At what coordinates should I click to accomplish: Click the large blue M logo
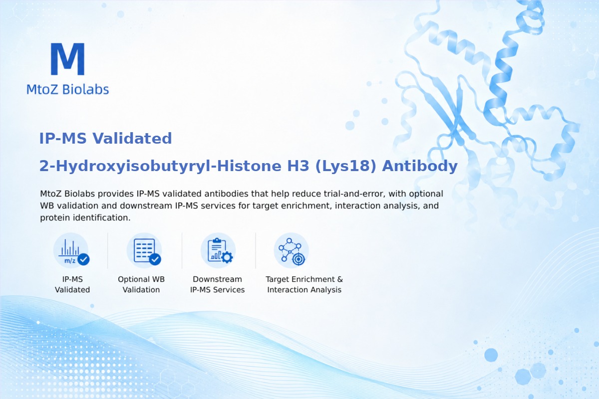coord(68,59)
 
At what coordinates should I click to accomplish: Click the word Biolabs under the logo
coord(85,89)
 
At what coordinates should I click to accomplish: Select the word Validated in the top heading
coord(132,138)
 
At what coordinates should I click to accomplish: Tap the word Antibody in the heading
coord(420,166)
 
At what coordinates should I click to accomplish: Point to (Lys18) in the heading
coord(346,166)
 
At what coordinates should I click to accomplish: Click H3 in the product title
coord(298,166)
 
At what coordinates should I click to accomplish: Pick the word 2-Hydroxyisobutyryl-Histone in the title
coord(160,166)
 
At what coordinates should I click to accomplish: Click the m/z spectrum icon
coord(71,250)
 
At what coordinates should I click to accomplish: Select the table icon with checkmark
coord(144,250)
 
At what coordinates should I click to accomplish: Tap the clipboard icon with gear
coord(218,250)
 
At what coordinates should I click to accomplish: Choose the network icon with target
coord(292,250)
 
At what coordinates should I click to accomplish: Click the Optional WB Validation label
coord(141,284)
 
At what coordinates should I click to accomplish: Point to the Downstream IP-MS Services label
coord(218,284)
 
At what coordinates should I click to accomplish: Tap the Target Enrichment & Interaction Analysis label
coord(304,284)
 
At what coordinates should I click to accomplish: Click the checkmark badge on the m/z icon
coord(83,259)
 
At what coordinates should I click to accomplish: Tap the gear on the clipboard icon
coord(227,257)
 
